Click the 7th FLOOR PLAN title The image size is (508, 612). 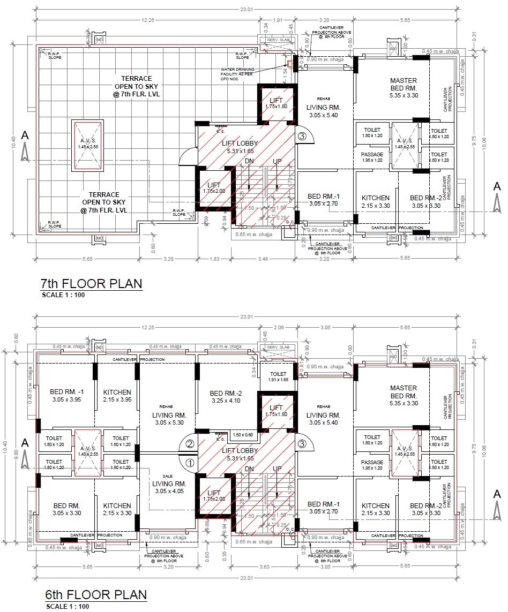tap(92, 283)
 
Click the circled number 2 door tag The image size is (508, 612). tap(190, 443)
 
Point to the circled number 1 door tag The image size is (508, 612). tap(190, 463)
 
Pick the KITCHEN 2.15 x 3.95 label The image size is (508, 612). tap(117, 396)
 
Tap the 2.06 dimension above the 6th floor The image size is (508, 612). tap(278, 327)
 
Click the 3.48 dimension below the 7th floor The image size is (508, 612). tap(263, 259)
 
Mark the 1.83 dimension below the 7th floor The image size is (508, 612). tap(214, 259)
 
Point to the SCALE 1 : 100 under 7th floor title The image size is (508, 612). tap(63, 294)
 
